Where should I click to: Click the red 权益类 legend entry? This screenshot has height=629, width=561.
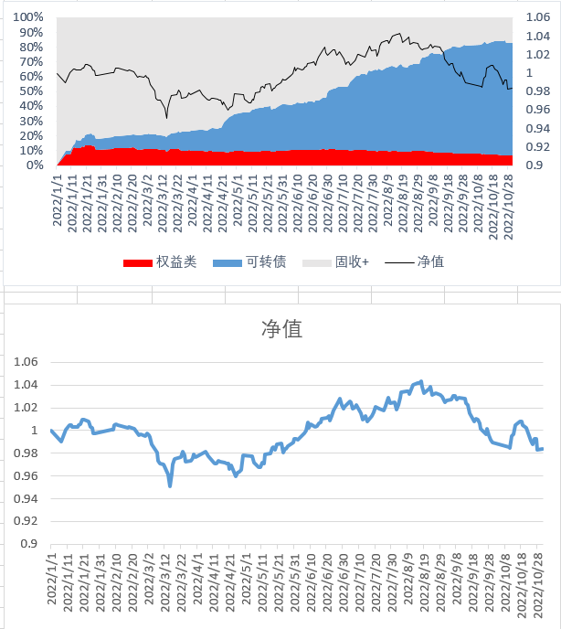(160, 262)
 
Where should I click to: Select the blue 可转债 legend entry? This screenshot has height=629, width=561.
(249, 262)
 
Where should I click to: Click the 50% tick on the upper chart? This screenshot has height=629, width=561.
(31, 91)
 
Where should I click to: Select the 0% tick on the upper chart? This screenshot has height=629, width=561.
(35, 165)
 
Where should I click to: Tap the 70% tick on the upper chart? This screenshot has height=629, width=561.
(31, 62)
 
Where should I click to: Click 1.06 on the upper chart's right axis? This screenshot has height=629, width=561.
(538, 17)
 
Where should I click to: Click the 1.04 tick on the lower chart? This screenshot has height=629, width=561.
(26, 385)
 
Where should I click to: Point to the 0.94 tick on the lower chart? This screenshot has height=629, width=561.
(26, 498)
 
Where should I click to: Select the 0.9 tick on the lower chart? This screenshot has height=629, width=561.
(29, 544)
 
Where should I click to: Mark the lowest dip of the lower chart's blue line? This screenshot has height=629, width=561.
(170, 485)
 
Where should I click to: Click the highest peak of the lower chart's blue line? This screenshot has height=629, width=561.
(420, 381)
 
